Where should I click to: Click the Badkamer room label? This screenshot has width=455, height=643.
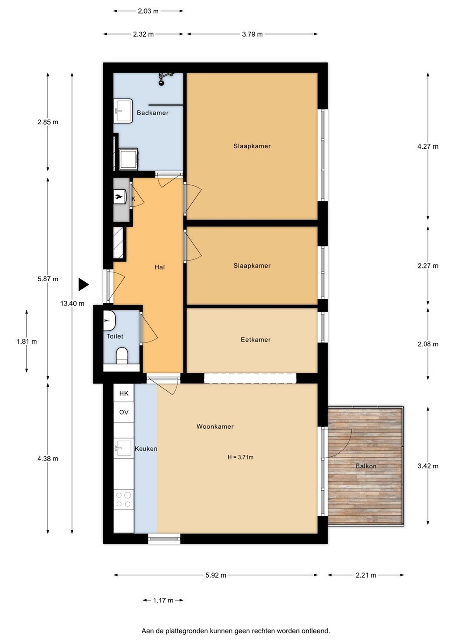(x=152, y=113)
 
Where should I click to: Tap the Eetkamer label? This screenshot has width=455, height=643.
(x=256, y=339)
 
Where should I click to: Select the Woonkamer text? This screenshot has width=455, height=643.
(x=215, y=426)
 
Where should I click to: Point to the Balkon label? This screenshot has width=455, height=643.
(x=366, y=466)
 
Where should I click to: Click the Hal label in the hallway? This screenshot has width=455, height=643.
(x=160, y=267)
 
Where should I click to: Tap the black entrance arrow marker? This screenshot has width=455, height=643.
(x=84, y=285)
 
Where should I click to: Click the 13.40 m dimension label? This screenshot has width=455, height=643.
(x=72, y=303)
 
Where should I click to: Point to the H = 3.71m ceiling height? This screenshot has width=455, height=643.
(x=240, y=457)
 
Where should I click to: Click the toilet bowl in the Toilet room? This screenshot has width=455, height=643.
(x=122, y=355)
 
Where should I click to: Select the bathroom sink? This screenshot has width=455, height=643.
(x=123, y=111)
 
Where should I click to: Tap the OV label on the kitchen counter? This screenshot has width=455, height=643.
(x=124, y=412)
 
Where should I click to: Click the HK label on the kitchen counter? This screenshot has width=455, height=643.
(x=124, y=393)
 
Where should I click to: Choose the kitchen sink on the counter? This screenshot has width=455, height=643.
(x=124, y=448)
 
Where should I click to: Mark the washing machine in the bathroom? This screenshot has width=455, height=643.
(x=128, y=159)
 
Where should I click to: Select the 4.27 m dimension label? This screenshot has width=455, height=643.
(x=428, y=146)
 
